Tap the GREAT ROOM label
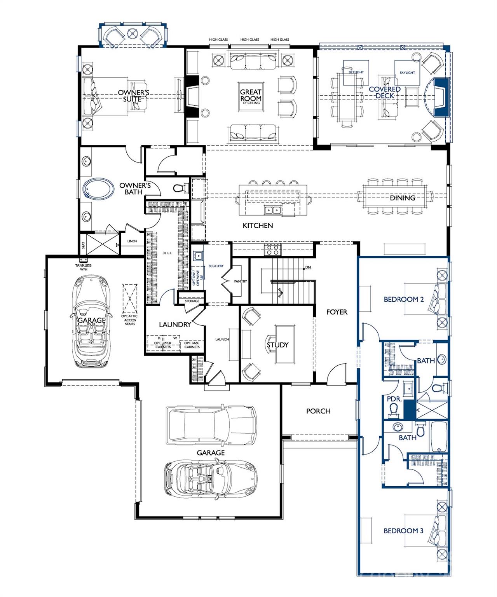tap(251, 95)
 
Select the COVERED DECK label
tap(384, 92)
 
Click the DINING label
tap(403, 198)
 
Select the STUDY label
tap(277, 345)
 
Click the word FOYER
tap(337, 312)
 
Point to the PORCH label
tap(318, 411)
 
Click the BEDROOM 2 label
tap(403, 299)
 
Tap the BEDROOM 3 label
tap(403, 531)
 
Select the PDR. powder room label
tap(394, 399)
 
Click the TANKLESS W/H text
tap(83, 267)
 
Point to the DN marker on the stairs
tap(308, 267)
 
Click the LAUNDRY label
tap(174, 325)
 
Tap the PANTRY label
tap(240, 281)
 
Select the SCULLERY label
tap(216, 266)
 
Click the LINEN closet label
tap(132, 241)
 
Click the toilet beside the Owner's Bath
tap(180, 189)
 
